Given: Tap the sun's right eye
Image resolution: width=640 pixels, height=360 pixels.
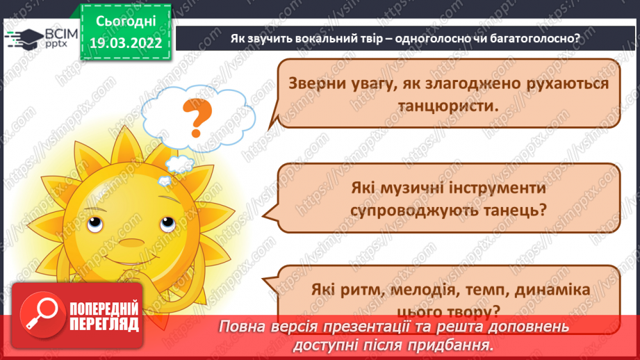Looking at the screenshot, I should [166, 224].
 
